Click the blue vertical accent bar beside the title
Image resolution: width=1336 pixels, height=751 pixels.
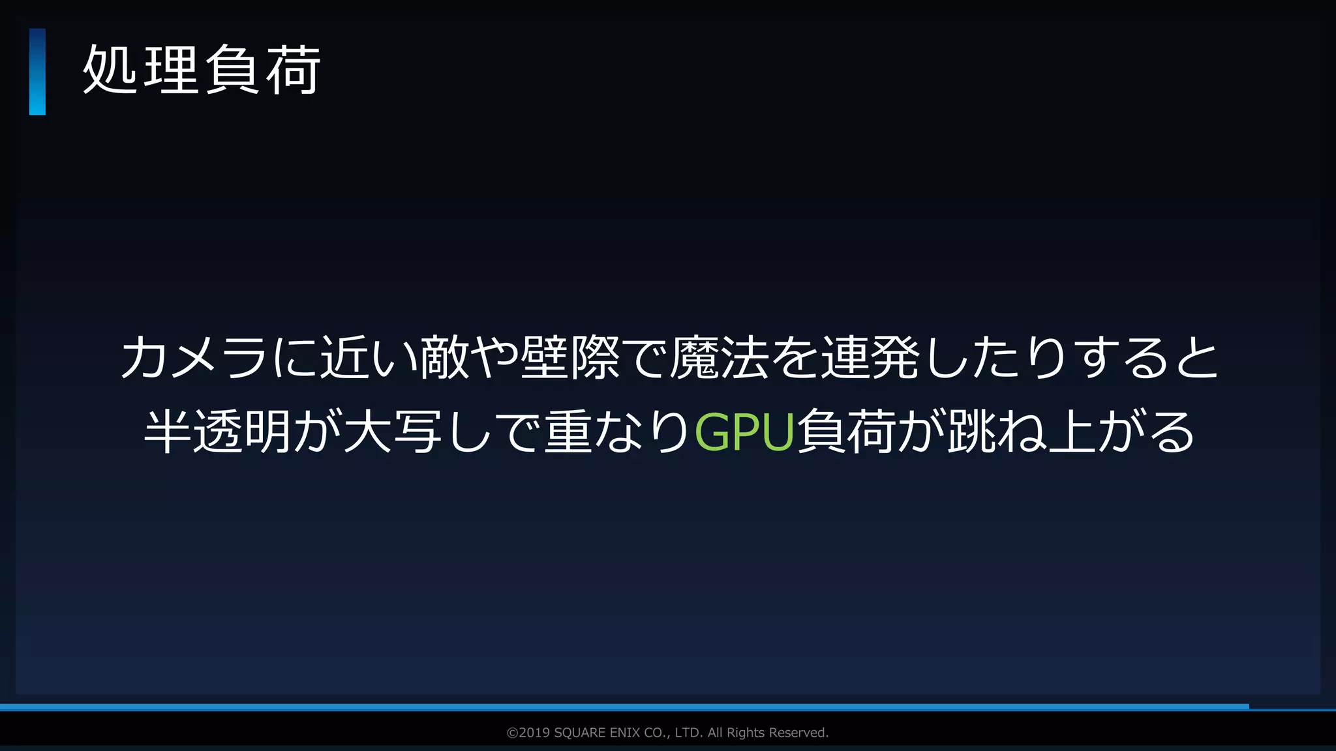click(37, 72)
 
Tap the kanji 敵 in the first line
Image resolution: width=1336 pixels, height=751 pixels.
click(444, 357)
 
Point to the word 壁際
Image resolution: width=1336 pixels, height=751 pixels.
click(569, 357)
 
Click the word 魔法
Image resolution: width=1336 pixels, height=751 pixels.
click(720, 357)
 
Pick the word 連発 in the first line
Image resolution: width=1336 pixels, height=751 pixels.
click(870, 357)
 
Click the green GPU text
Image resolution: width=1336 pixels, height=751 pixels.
click(744, 432)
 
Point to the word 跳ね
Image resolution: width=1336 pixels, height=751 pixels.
click(997, 432)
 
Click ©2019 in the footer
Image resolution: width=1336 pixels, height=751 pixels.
click(528, 733)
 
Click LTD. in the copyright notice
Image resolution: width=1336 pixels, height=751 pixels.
click(688, 733)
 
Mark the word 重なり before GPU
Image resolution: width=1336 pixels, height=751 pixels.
click(618, 432)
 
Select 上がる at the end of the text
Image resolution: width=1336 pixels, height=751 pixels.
click(1121, 432)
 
